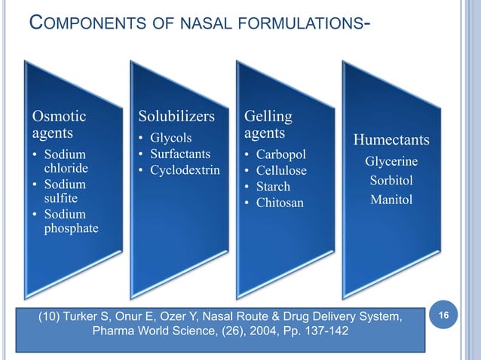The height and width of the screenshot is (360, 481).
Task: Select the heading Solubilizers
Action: [177, 117]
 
